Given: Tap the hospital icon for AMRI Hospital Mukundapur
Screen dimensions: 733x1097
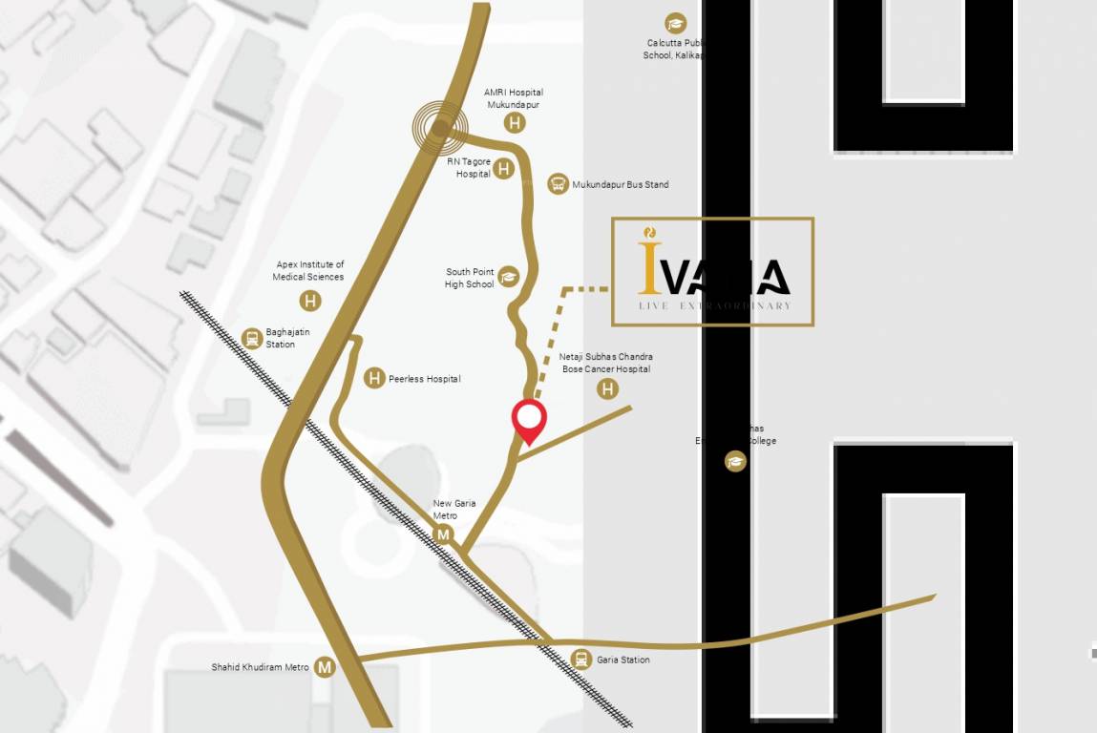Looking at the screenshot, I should (x=516, y=122).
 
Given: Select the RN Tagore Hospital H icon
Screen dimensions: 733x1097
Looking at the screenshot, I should (x=503, y=169).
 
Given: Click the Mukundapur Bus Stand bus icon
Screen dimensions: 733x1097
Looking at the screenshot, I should (x=558, y=184).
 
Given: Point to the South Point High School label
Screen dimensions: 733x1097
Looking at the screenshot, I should (x=470, y=278).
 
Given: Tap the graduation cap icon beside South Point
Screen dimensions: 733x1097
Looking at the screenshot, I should (x=508, y=278).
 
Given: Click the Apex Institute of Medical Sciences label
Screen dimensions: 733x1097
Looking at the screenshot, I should (x=308, y=271).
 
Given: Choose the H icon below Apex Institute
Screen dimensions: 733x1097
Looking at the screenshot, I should (x=309, y=301).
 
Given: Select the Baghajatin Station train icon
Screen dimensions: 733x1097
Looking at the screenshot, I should (x=252, y=337).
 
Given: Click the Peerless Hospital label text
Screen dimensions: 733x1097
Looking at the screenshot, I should (x=424, y=379).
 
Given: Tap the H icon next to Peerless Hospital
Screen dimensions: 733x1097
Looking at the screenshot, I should (x=375, y=378).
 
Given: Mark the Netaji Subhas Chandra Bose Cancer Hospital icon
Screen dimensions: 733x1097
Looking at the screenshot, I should (x=607, y=388).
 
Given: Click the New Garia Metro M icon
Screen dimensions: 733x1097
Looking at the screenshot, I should (x=442, y=534).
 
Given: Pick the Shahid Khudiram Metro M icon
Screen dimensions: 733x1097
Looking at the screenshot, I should (x=326, y=667).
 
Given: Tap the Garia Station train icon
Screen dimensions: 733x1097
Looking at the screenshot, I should (x=580, y=659).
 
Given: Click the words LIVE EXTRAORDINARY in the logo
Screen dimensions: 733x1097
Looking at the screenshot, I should (x=714, y=305).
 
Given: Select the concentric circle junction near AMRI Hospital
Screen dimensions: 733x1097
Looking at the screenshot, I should (x=440, y=126).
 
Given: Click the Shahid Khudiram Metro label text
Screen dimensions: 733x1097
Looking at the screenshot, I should (x=261, y=667).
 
